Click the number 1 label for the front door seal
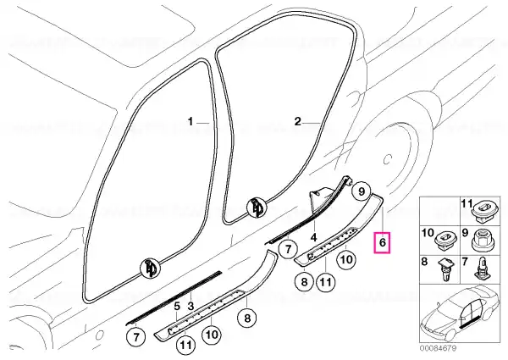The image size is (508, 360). [x=190, y=122]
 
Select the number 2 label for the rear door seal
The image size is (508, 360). [x=297, y=122]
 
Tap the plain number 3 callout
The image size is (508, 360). [x=190, y=306]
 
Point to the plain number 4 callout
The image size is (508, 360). [x=313, y=238]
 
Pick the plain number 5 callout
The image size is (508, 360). [x=177, y=306]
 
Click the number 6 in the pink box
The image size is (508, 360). [x=383, y=242]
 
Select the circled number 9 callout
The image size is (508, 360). [x=362, y=191]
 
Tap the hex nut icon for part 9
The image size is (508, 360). [x=481, y=241]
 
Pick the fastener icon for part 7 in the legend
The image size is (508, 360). [x=482, y=269]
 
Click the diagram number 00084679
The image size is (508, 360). [x=438, y=349]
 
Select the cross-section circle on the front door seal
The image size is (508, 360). [x=150, y=268]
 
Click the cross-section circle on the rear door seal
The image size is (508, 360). [x=257, y=208]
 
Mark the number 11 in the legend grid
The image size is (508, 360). [x=467, y=204]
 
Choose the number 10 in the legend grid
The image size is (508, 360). [x=428, y=233]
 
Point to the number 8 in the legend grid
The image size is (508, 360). [x=425, y=261]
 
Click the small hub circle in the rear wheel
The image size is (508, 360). [x=388, y=159]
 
